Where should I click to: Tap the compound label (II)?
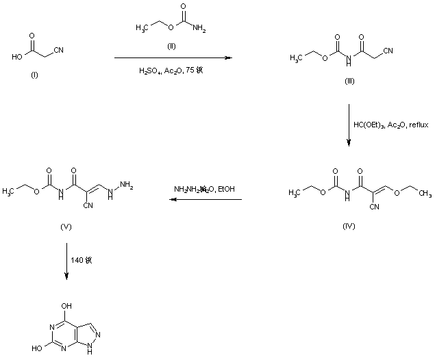pos(173,47)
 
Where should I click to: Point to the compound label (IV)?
pos(349,225)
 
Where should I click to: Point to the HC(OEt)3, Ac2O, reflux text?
pos(388,125)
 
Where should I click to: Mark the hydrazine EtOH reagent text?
pos(203,188)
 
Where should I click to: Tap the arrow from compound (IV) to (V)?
pos(206,200)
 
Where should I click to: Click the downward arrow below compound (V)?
pos(66,259)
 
